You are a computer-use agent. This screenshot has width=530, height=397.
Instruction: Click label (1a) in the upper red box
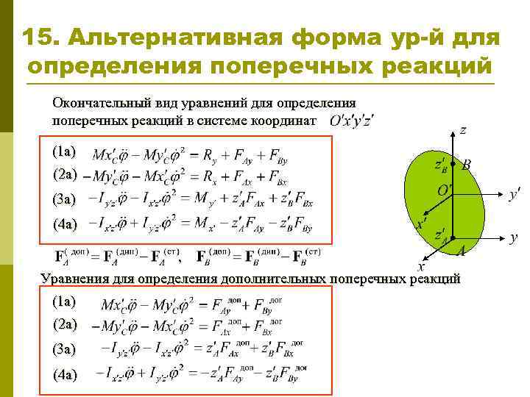click(64, 151)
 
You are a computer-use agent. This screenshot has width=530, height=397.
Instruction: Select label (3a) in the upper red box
click(64, 198)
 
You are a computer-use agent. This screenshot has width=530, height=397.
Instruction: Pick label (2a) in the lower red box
click(64, 324)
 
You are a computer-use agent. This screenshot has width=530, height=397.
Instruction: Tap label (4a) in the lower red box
click(64, 375)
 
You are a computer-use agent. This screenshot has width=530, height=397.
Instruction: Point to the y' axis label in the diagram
click(515, 193)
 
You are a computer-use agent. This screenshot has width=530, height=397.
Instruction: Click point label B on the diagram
click(467, 166)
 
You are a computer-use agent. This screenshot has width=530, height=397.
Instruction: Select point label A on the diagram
click(461, 251)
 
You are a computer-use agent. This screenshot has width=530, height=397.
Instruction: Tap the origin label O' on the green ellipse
click(443, 190)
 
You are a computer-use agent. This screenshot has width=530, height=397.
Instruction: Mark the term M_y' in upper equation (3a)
click(223, 199)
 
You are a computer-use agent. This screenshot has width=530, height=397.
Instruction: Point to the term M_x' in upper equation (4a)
click(223, 223)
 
